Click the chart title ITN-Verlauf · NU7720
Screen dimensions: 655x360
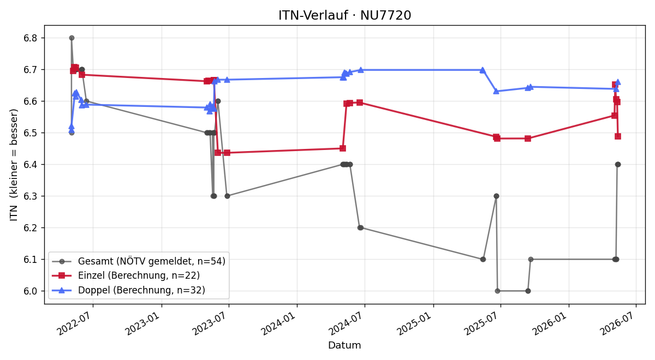344,15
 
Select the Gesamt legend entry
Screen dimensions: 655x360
139,261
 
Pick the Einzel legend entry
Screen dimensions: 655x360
126,275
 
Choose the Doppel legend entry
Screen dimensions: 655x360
128,290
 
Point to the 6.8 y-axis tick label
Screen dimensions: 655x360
31,38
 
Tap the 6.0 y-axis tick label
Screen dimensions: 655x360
31,291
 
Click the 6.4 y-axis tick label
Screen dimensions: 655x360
31,165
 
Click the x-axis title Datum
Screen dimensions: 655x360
344,345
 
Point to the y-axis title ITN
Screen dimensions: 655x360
14,213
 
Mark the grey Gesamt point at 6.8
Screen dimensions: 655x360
72,38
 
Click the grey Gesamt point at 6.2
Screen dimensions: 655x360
361,227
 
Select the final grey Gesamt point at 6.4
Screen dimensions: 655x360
618,165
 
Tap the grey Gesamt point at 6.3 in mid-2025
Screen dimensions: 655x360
496,196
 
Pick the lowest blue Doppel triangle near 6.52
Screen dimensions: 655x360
72,127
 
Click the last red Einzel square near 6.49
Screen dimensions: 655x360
618,136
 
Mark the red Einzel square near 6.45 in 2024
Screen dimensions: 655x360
343,148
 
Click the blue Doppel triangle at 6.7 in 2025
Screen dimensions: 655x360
483,70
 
